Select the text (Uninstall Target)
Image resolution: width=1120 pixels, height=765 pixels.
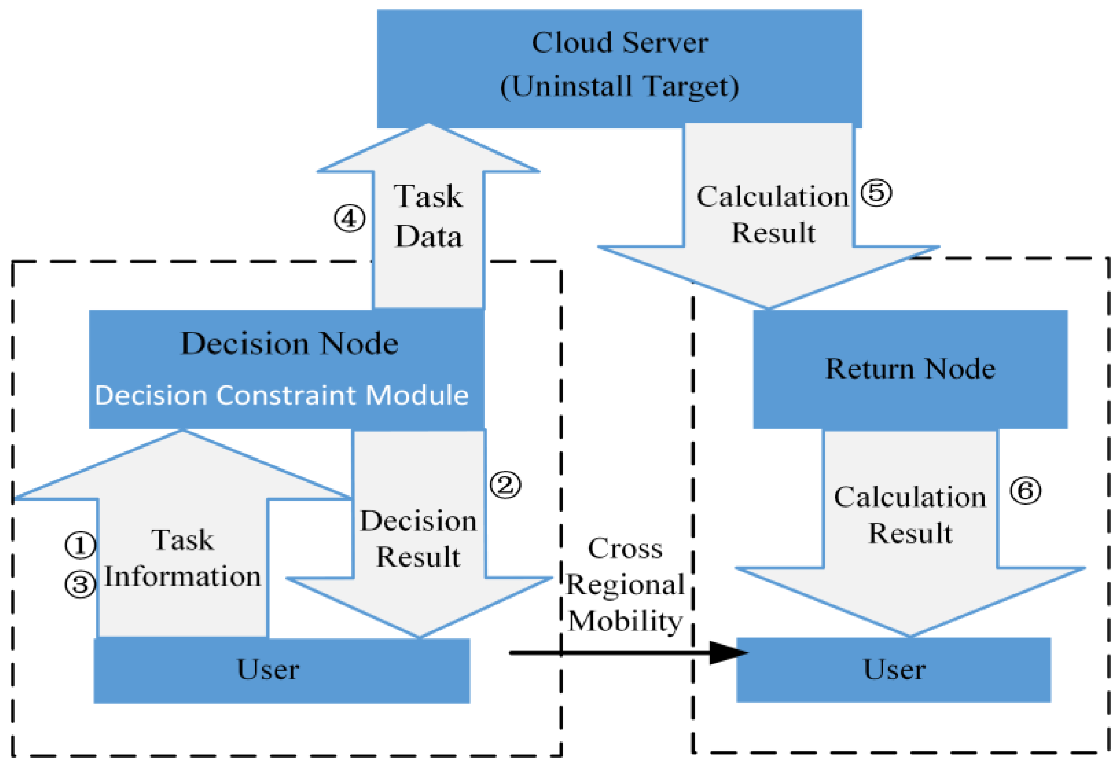point(619,87)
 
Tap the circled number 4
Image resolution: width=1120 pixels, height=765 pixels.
point(350,219)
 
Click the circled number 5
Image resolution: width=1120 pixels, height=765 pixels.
point(876,193)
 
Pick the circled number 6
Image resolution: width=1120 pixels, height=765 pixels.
point(1025,491)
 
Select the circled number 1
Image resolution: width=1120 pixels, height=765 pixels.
point(80,546)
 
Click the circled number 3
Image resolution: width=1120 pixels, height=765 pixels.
point(80,584)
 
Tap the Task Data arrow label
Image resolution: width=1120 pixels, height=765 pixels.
point(428,216)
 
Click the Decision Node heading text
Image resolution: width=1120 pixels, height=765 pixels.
point(289,343)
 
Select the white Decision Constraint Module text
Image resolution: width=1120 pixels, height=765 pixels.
point(281,395)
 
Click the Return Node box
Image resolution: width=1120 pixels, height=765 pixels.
point(910,369)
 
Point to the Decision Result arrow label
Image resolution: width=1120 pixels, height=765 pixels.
point(418,539)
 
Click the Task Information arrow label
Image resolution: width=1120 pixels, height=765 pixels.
point(182,558)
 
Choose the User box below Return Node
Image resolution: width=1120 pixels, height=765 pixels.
point(893,669)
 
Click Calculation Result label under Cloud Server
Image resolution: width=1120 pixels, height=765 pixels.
point(773,214)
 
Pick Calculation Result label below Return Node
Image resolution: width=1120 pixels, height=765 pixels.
point(910,515)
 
